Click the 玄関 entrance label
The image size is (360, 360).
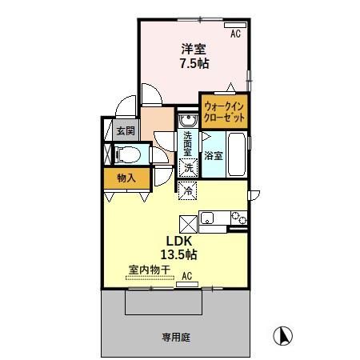(124, 130)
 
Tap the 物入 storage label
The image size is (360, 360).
(125, 178)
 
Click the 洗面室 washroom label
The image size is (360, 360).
(187, 143)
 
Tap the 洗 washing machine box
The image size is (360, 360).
(188, 169)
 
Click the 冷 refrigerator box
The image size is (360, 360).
(188, 190)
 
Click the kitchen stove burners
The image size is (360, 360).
(237, 216)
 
